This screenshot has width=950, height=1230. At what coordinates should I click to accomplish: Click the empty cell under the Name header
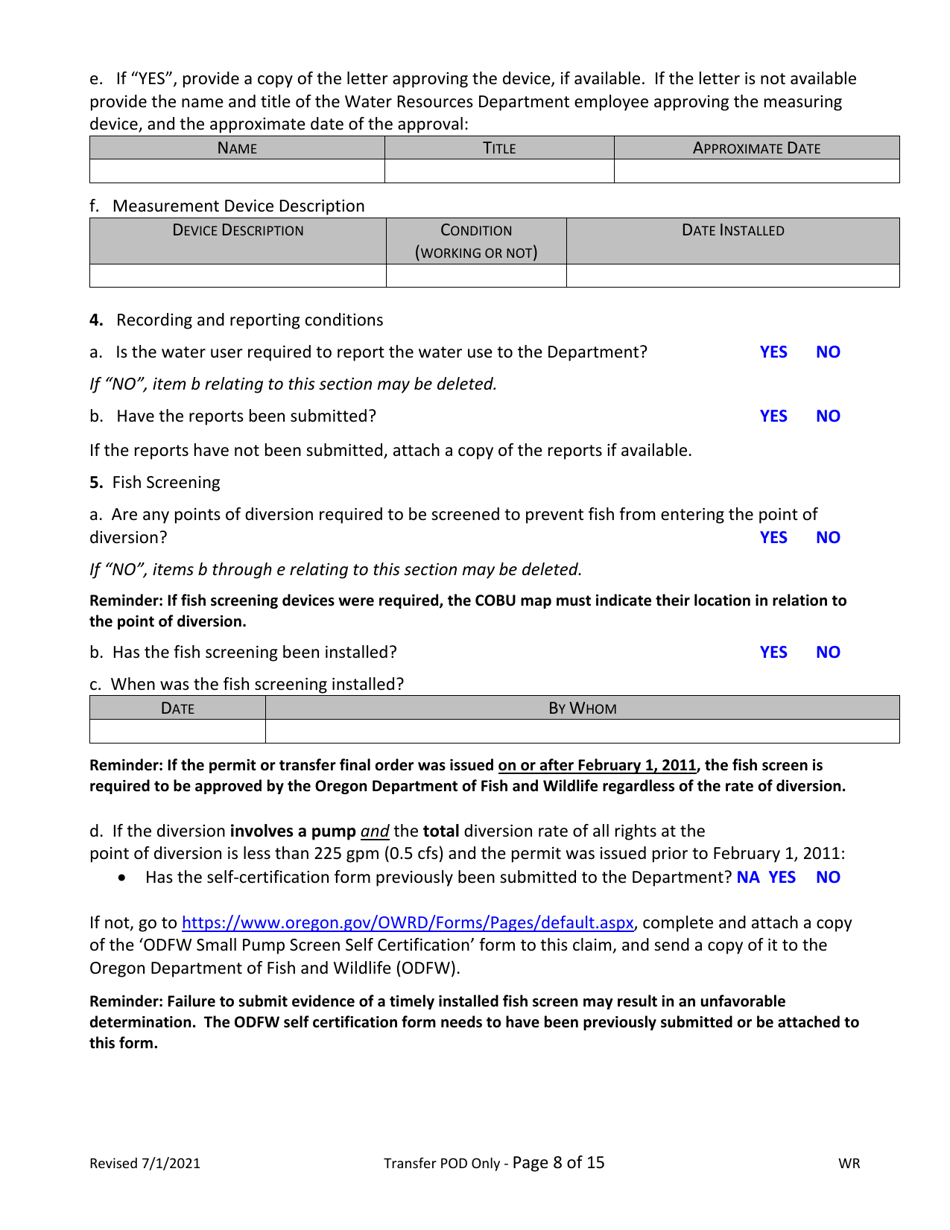coord(238,171)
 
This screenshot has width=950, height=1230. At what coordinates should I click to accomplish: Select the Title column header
coord(498,148)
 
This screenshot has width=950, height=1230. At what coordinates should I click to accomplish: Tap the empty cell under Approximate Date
coord(757,171)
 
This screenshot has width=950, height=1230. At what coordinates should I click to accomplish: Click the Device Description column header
coord(238,230)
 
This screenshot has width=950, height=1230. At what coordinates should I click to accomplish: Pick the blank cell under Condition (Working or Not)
coord(476,275)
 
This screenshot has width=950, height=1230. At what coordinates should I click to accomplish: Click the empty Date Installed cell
coord(733,275)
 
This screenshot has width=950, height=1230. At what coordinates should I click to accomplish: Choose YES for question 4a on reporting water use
coord(773,352)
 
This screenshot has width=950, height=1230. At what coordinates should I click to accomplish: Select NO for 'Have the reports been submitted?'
coord(828,416)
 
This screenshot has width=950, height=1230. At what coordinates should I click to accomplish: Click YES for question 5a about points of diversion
coord(773,537)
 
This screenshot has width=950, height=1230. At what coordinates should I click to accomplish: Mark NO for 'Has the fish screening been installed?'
coord(828,652)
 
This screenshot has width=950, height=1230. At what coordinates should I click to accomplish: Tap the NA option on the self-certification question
coord(748,878)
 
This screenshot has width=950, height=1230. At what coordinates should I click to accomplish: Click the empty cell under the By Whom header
coord(582,731)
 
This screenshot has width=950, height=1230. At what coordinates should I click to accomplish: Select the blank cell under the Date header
coord(177,731)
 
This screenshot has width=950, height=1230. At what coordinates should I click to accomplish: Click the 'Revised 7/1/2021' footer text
coord(145,1164)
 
